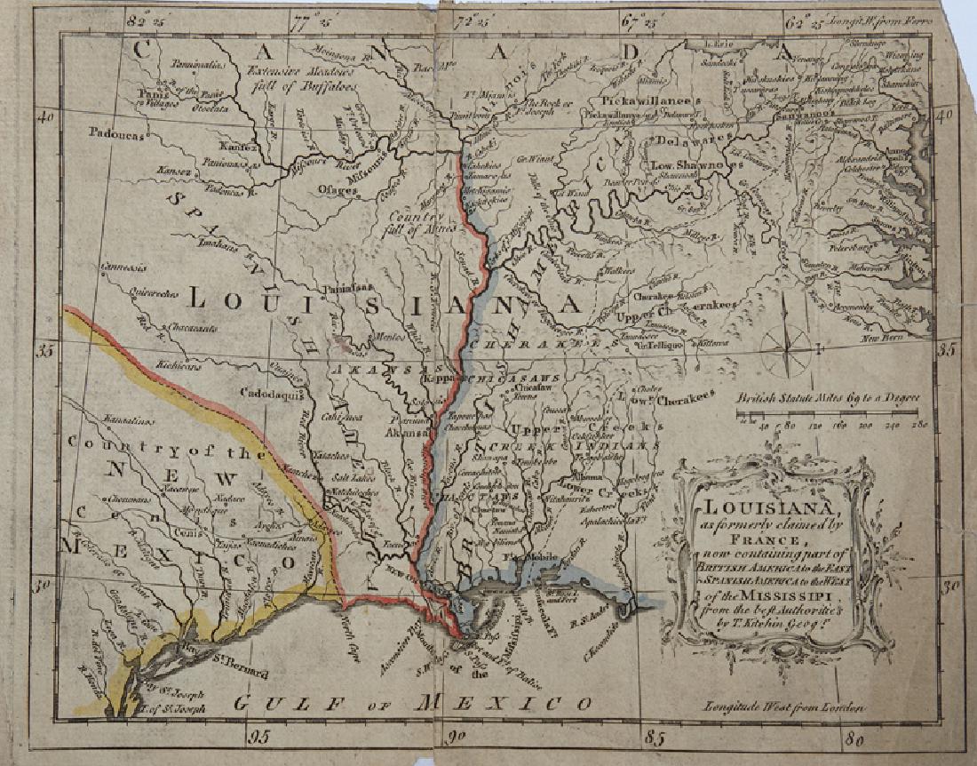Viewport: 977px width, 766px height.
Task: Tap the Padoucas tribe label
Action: pos(115,132)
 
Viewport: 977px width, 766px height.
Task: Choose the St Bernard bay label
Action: pos(241,662)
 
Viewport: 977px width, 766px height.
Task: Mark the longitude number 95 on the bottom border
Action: pos(259,734)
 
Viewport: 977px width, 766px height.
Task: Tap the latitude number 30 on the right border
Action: pos(949,586)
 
